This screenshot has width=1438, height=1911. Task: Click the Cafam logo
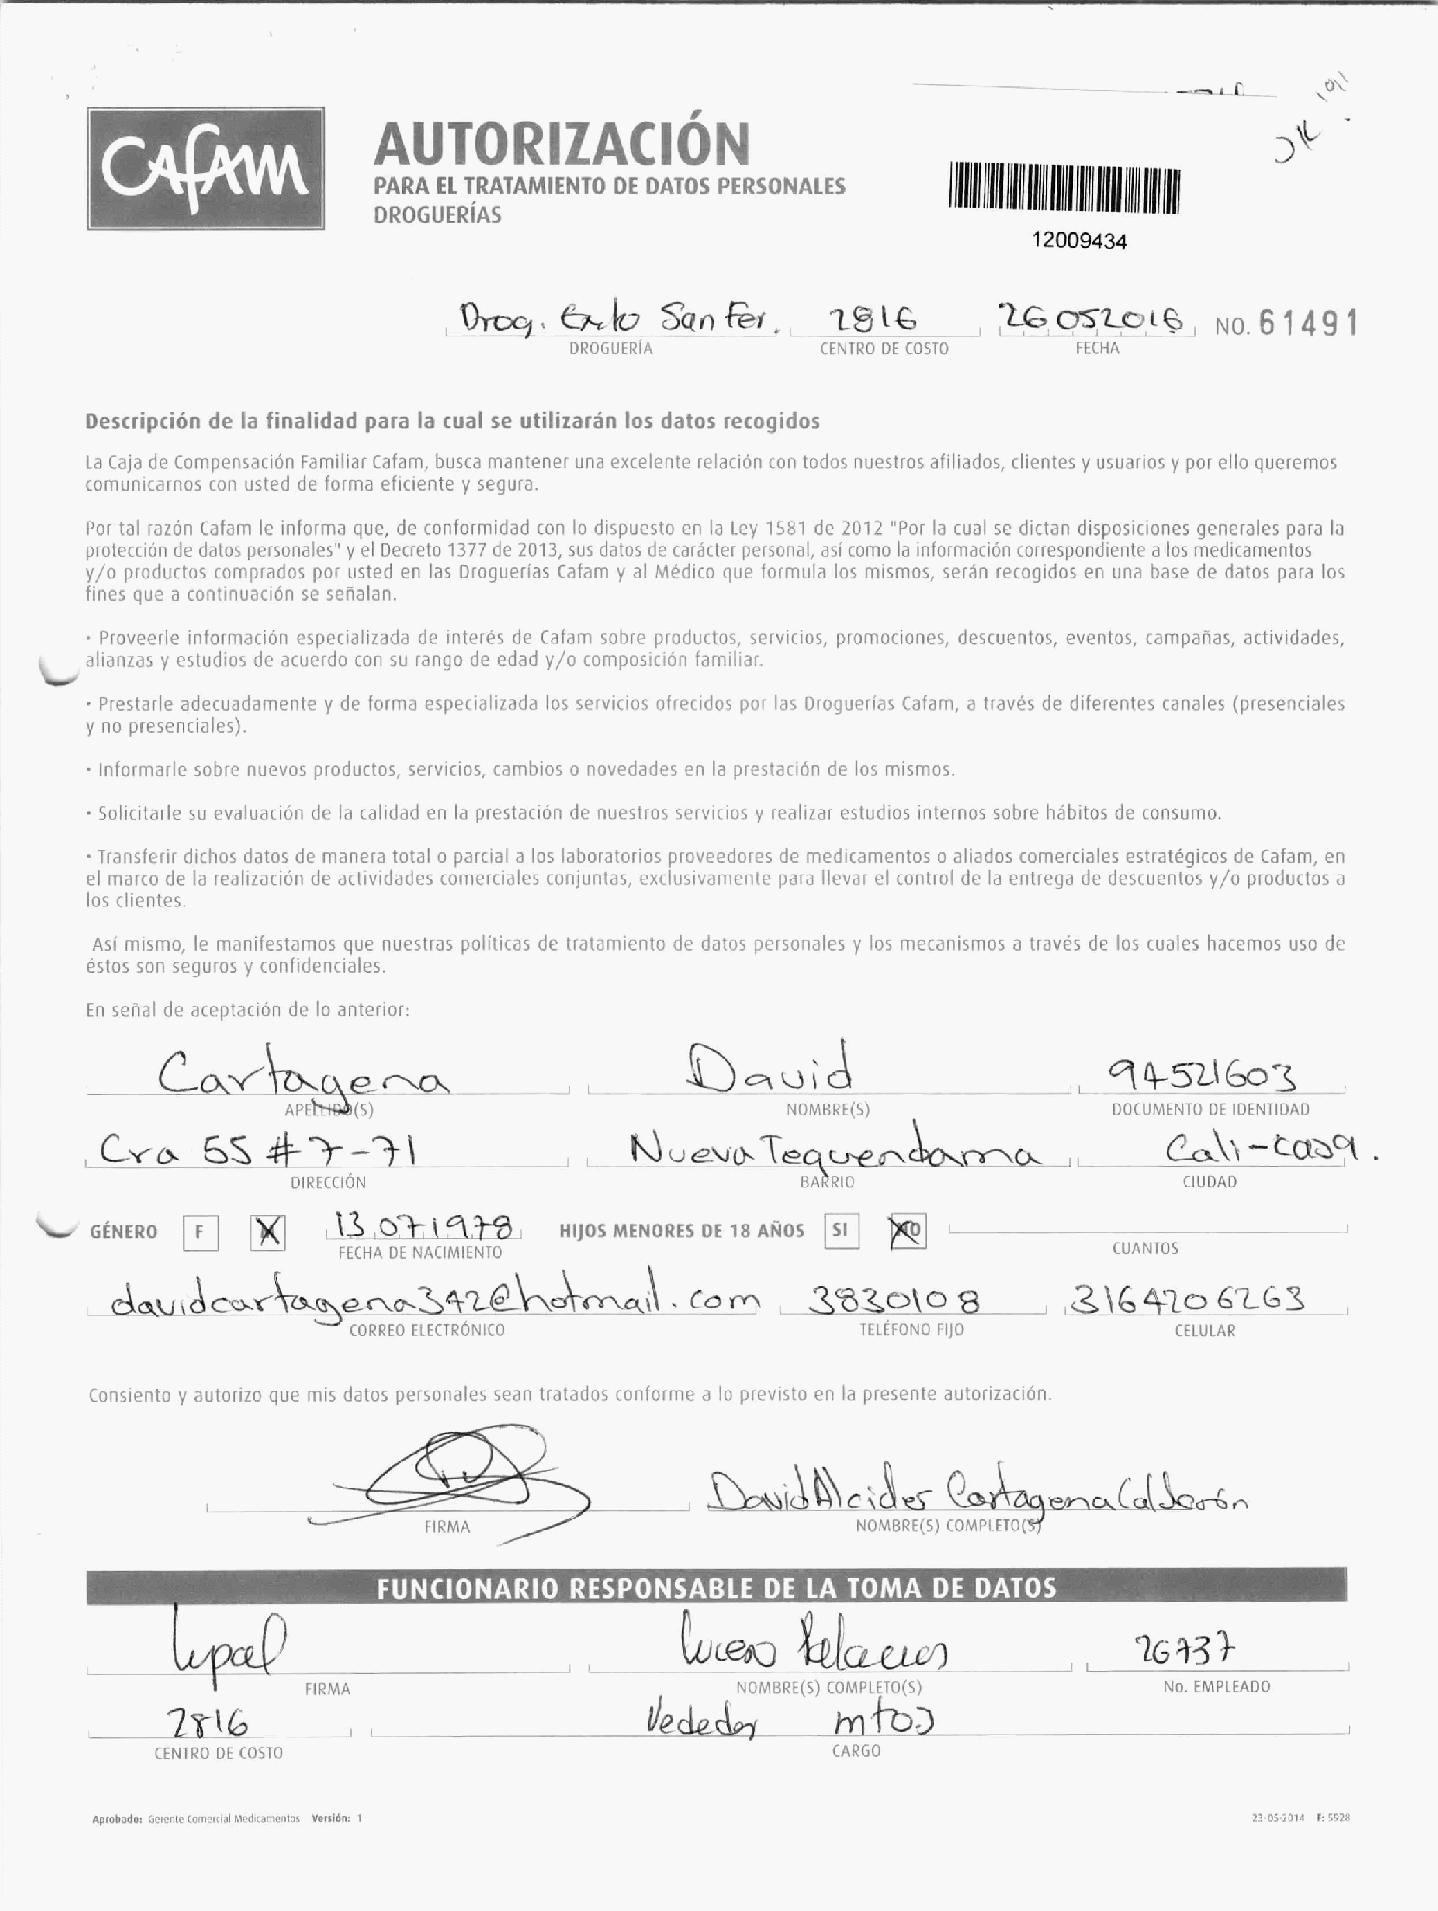point(206,168)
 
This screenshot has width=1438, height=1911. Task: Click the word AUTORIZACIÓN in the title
point(562,145)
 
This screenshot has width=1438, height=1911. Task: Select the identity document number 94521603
point(1203,1077)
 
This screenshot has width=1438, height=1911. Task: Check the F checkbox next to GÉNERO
point(201,1232)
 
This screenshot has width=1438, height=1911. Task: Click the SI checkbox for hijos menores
point(841,1231)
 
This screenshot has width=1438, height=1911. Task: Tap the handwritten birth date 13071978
point(424,1227)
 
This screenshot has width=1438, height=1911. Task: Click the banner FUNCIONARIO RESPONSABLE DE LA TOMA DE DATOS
point(716,1588)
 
